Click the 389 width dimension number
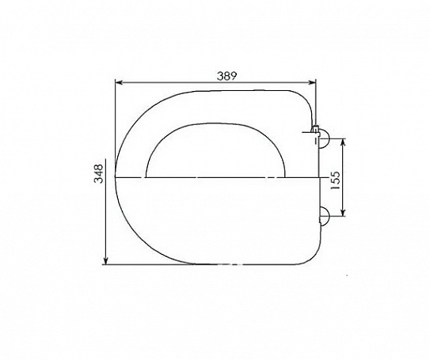(226, 76)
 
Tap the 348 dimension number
(98, 173)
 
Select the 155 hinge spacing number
(335, 180)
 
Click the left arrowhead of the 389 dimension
(119, 82)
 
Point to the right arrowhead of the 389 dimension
(312, 82)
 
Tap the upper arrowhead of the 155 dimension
(343, 142)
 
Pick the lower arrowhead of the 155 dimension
(343, 212)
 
